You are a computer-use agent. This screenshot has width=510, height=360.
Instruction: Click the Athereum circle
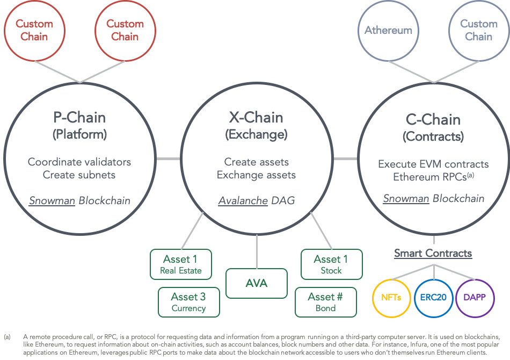[x=388, y=31]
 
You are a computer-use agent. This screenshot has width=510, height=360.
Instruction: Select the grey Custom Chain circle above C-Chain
[x=478, y=31]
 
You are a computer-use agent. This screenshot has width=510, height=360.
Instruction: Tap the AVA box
[x=257, y=283]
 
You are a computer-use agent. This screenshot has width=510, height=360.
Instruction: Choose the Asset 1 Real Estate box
[x=181, y=264]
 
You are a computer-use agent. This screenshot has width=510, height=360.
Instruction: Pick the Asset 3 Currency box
[x=188, y=302]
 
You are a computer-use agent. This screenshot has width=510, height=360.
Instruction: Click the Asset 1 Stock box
[x=331, y=264]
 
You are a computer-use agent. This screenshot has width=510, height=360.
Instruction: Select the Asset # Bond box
[x=325, y=302]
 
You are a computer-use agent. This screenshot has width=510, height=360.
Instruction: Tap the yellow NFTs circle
[x=392, y=297]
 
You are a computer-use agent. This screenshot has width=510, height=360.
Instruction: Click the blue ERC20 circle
[x=434, y=297]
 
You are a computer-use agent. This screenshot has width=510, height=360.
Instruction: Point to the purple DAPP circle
[x=475, y=297]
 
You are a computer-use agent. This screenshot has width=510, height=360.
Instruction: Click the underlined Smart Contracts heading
[x=433, y=253]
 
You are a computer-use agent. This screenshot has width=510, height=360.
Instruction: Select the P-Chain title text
[x=79, y=117]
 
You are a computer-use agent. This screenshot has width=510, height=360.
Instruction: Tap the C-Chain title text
[x=433, y=119]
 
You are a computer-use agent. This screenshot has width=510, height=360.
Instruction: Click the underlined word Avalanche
[x=243, y=200]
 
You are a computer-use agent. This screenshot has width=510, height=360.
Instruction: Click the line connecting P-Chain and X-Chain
[x=168, y=159]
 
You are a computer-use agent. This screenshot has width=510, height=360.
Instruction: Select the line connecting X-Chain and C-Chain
[x=345, y=159]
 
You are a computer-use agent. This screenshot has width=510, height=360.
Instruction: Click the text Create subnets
[x=79, y=175]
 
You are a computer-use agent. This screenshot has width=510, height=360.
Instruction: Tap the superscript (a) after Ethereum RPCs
[x=470, y=175]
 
